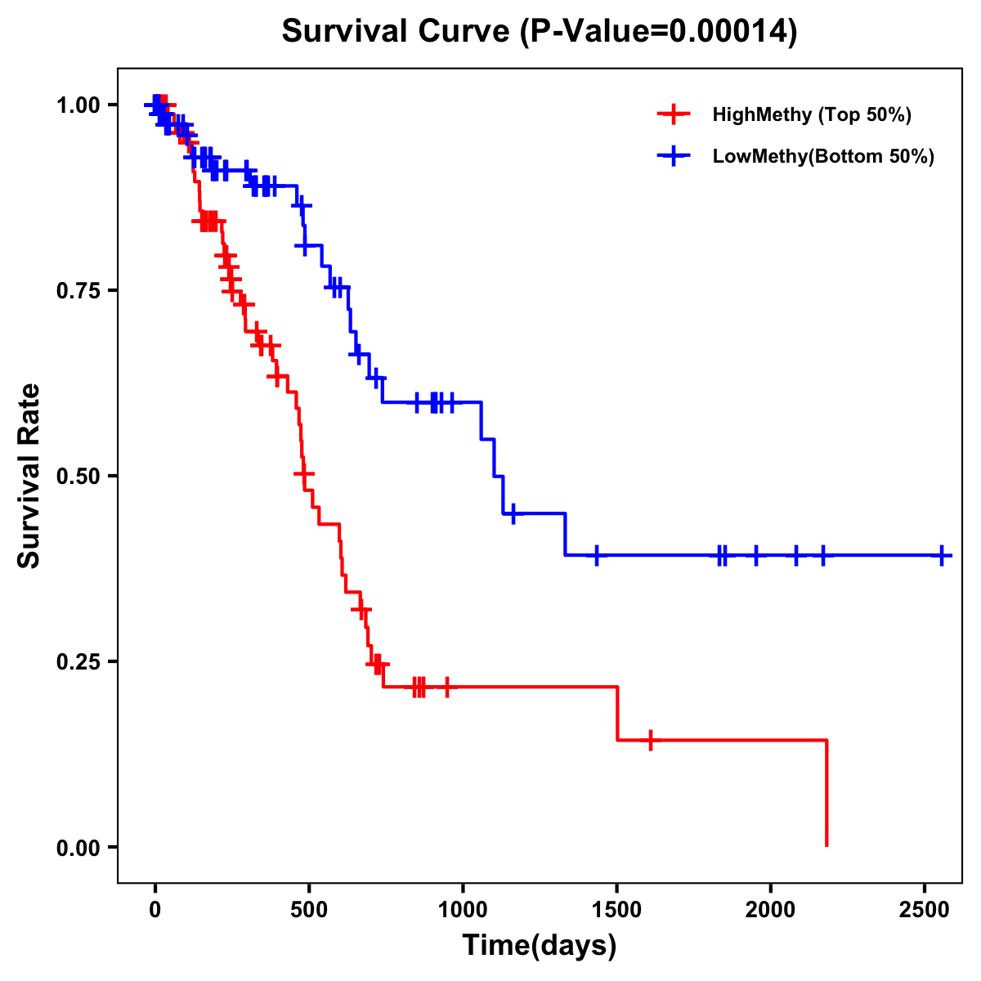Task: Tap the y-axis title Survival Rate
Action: point(29,475)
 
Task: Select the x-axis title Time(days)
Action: point(540,945)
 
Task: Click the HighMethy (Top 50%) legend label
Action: point(812,114)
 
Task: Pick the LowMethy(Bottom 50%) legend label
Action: point(823,156)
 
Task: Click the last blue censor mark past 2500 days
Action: point(942,555)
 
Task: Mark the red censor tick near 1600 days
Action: point(650,740)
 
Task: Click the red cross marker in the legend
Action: point(673,114)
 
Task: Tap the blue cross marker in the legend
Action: point(673,156)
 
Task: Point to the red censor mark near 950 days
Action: point(447,687)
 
